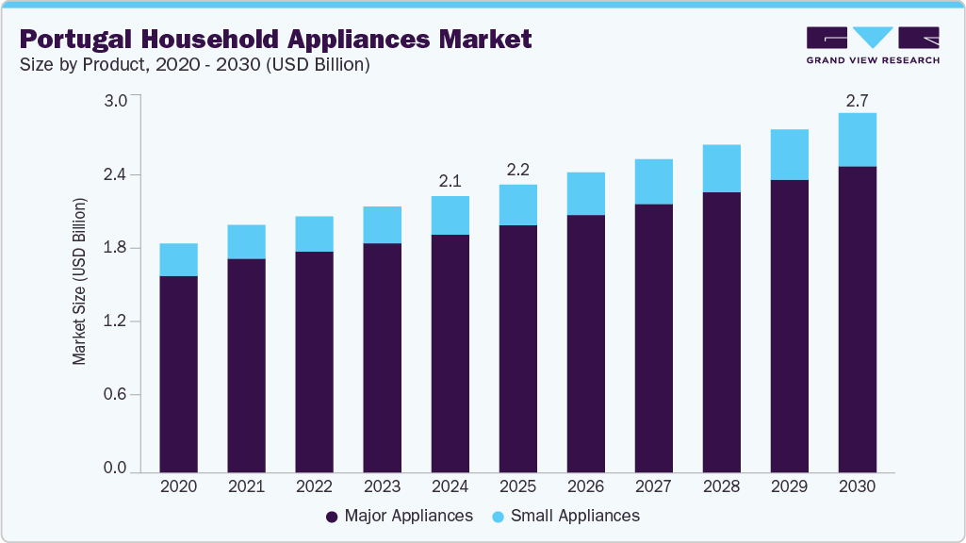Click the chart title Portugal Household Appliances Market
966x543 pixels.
pyautogui.click(x=275, y=40)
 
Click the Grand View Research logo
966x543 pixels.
pyautogui.click(x=873, y=45)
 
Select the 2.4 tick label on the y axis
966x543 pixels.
pyautogui.click(x=114, y=175)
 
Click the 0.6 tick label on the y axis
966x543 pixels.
pyautogui.click(x=114, y=395)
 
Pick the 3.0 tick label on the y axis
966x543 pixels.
pyautogui.click(x=114, y=102)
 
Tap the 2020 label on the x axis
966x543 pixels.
pyautogui.click(x=178, y=486)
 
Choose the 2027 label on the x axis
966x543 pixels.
pyautogui.click(x=653, y=486)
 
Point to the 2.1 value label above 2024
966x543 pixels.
pyautogui.click(x=450, y=180)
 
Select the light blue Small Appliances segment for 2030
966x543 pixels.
pyautogui.click(x=857, y=140)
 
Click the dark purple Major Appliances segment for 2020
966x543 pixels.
pyautogui.click(x=178, y=373)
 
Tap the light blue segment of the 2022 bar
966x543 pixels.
pyautogui.click(x=314, y=234)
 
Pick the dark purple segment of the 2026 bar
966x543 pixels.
pyautogui.click(x=585, y=343)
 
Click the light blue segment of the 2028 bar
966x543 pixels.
pyautogui.click(x=721, y=169)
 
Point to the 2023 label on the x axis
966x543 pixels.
pyautogui.click(x=382, y=486)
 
